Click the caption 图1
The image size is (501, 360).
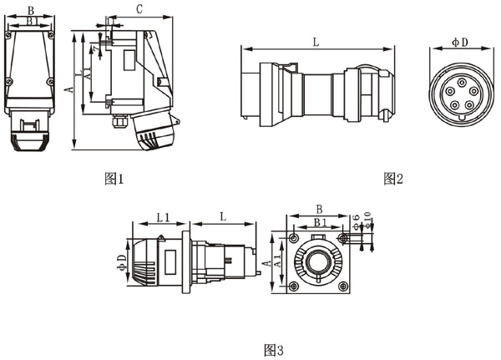114,178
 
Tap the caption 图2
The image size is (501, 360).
393,178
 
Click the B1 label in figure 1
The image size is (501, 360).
31,23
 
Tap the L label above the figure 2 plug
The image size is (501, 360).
315,39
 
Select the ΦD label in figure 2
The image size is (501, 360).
458,40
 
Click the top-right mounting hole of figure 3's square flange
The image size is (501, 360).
341,238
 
